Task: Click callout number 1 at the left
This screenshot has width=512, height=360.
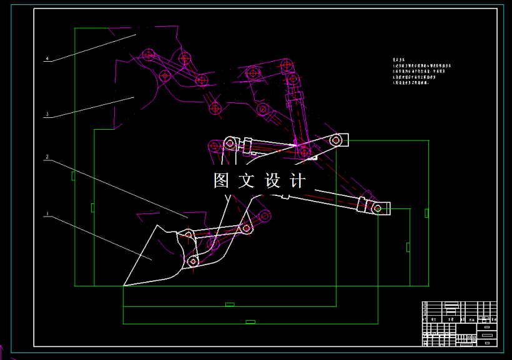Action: coord(46,215)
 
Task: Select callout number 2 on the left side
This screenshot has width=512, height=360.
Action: coord(46,157)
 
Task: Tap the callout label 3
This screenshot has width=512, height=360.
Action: coord(46,114)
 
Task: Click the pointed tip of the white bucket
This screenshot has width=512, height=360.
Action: coord(124,286)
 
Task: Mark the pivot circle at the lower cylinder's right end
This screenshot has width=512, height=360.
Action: coord(377,208)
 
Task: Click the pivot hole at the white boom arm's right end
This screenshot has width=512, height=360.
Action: coord(337,140)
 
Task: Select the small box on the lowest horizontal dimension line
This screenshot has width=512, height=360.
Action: coord(250,322)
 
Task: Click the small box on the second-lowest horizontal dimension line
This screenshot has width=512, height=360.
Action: coord(230,304)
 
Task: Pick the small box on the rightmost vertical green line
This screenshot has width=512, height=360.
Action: coord(426,213)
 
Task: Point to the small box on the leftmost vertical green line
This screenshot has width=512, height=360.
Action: coord(73,176)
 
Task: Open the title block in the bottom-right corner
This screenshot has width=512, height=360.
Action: coord(460,323)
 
